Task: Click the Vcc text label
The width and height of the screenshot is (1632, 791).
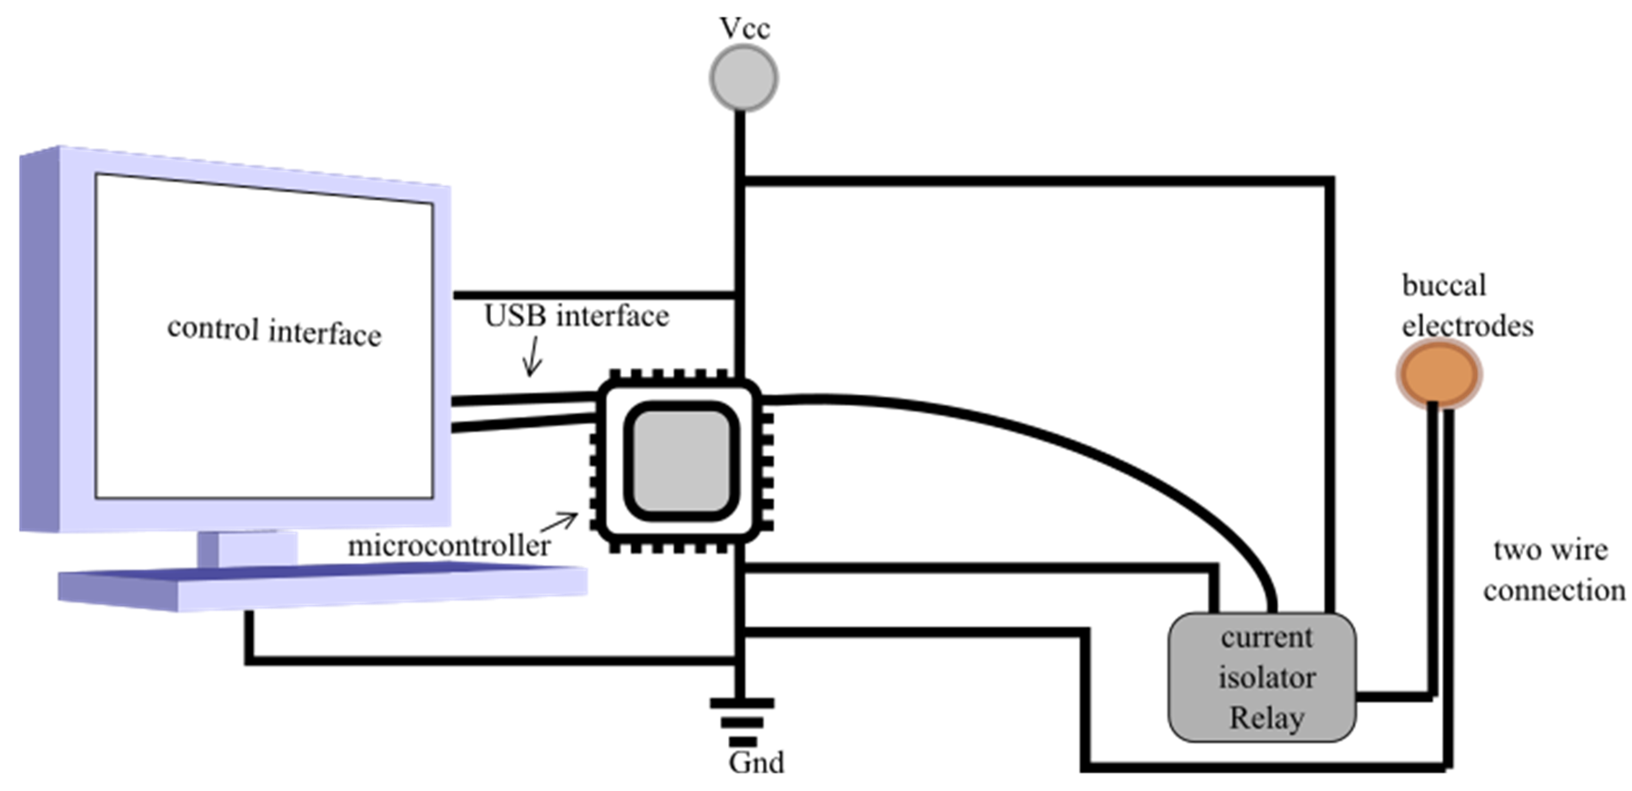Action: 744,29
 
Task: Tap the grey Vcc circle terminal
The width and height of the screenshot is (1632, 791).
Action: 743,79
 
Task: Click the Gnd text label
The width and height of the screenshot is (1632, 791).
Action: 756,762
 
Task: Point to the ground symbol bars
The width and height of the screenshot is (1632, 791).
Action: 742,722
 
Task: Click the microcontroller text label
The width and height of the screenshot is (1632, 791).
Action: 449,546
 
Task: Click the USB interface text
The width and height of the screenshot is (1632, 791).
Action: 576,316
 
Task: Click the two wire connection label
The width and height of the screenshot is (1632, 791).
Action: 1552,570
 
